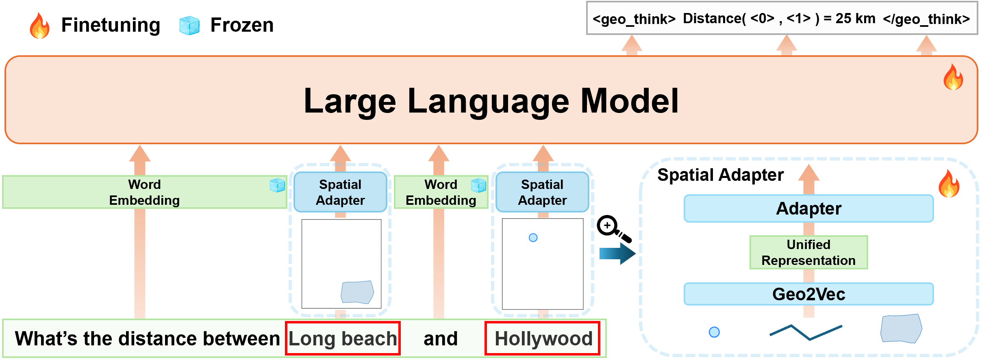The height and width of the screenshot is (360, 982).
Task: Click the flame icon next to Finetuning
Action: (x=40, y=25)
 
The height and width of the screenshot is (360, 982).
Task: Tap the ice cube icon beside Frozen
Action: (x=189, y=26)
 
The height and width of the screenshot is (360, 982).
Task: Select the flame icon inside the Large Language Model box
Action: (x=953, y=77)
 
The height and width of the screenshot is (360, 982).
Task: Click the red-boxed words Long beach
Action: (x=343, y=338)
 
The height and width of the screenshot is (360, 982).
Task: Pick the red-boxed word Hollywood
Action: (x=543, y=338)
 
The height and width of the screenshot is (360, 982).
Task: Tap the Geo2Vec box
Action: (x=809, y=294)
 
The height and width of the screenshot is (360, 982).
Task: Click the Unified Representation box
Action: (x=809, y=252)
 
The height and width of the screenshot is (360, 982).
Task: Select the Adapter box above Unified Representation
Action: (x=809, y=208)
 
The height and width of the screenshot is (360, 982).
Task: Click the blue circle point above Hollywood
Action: (x=533, y=238)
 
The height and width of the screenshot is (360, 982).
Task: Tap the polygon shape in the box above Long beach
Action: (x=357, y=292)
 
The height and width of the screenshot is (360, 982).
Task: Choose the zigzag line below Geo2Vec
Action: (x=806, y=332)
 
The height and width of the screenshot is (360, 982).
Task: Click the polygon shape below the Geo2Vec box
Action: (x=901, y=328)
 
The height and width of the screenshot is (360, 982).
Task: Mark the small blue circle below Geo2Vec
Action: (x=714, y=332)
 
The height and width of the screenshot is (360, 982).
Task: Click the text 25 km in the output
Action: (x=856, y=19)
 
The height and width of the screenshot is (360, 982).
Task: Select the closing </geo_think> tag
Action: (x=926, y=19)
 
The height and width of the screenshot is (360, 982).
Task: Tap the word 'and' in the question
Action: (x=441, y=338)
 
